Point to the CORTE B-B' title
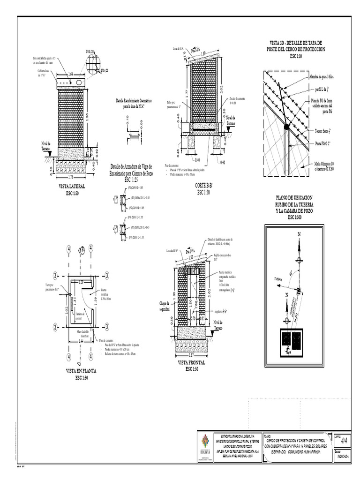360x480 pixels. click(203, 186)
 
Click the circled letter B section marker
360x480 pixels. click(82, 249)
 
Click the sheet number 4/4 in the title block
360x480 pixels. click(345, 441)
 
